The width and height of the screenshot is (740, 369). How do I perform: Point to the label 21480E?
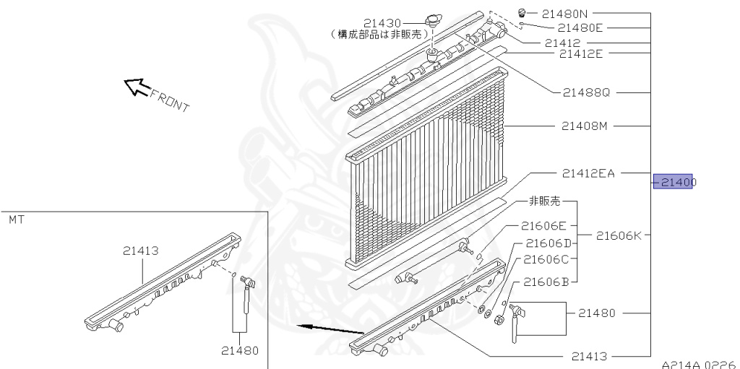[575, 27]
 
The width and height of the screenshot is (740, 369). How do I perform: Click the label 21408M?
[585, 126]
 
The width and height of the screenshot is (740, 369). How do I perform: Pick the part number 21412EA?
[588, 173]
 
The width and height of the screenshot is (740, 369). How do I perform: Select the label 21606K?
[619, 235]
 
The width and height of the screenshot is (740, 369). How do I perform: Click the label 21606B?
[546, 281]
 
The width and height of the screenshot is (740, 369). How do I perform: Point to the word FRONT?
[169, 100]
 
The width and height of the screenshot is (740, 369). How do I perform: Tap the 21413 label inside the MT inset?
[140, 251]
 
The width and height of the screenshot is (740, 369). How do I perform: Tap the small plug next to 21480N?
[522, 12]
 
